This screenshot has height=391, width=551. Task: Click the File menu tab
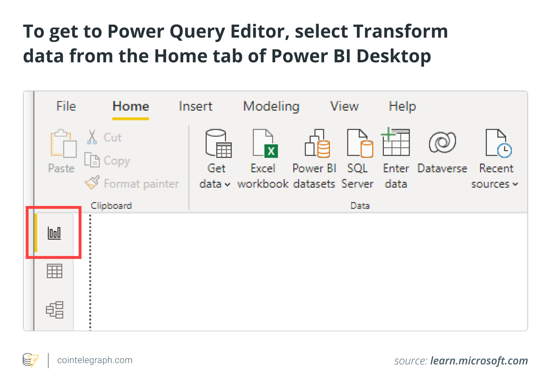point(66,106)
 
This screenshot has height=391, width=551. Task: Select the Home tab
point(131,106)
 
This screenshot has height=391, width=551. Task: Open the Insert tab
point(196,106)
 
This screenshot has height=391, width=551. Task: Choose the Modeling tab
point(271,107)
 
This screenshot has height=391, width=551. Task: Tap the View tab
point(344,106)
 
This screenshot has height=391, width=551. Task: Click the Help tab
point(402,107)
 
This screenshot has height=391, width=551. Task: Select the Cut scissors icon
point(92,137)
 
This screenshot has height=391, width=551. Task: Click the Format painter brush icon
point(92,182)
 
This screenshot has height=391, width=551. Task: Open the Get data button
point(215,158)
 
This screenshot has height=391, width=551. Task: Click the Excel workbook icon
point(265,143)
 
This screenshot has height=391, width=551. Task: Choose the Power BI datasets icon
point(317,143)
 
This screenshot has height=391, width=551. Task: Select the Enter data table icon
point(395,142)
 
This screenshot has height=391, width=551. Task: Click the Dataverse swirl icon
point(442,142)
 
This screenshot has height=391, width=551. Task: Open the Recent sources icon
point(499,143)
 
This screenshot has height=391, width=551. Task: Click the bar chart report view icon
point(54,233)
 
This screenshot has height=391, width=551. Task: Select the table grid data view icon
point(54,271)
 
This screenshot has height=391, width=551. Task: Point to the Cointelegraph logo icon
point(31,360)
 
